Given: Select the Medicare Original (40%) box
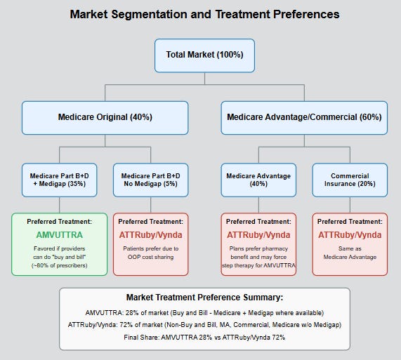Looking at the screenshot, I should coord(105,117).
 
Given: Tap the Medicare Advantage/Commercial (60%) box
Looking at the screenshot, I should coord(304,117).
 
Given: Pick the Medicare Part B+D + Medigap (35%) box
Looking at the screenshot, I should coord(60,179).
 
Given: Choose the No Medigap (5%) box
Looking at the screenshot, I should coord(150,179).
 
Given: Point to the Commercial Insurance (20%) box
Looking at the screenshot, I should coord(350,179).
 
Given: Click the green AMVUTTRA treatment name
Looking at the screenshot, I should coord(60,235).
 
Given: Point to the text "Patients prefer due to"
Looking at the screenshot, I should coord(150,248).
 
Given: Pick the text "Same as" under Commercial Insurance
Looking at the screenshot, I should coord(350,248).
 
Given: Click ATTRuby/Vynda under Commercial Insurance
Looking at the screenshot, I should coord(350,235).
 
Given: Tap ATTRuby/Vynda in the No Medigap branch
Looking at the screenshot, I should coord(150,235).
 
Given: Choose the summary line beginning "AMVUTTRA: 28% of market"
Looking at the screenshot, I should coord(204,313).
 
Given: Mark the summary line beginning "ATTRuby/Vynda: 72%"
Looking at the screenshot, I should coord(204,324).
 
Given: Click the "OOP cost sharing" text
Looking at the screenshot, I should coord(150,258).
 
